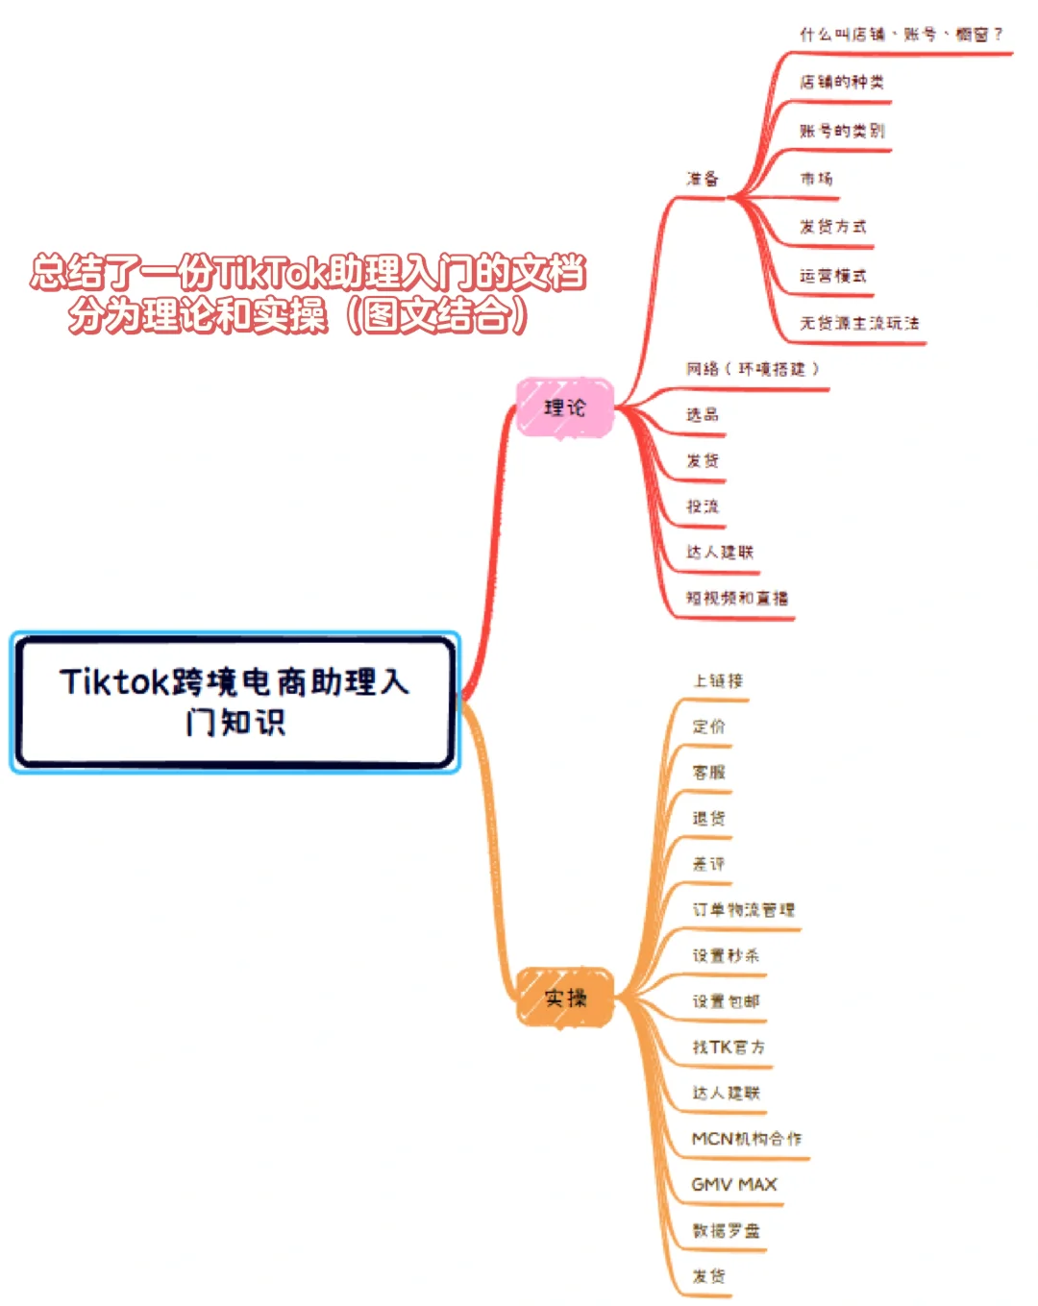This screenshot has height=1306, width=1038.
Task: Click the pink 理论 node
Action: (564, 407)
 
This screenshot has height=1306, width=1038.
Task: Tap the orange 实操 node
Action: (565, 998)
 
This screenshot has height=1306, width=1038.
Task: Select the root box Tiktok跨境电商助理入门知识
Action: (235, 702)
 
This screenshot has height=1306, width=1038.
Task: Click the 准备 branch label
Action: (703, 179)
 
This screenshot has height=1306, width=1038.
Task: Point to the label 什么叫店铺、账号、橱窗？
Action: (901, 35)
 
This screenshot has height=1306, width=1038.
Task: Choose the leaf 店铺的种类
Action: (842, 83)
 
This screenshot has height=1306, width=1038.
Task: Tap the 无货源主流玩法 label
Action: (859, 323)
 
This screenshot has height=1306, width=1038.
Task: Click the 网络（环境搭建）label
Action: (753, 369)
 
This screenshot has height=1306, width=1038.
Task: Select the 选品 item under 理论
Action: (703, 415)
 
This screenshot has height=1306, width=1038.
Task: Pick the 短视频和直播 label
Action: (737, 598)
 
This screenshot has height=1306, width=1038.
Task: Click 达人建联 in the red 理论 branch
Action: (720, 552)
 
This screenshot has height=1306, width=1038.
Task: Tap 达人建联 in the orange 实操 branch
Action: (727, 1093)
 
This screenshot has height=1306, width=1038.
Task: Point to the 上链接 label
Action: (718, 680)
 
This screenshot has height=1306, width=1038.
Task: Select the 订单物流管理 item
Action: (744, 909)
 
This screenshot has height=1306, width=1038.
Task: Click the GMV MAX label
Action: (734, 1184)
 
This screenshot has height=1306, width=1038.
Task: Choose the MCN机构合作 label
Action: (747, 1139)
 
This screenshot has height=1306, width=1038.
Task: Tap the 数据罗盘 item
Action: (727, 1230)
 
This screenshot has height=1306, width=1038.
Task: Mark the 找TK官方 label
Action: (729, 1047)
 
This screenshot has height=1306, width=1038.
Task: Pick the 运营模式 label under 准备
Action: (833, 275)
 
